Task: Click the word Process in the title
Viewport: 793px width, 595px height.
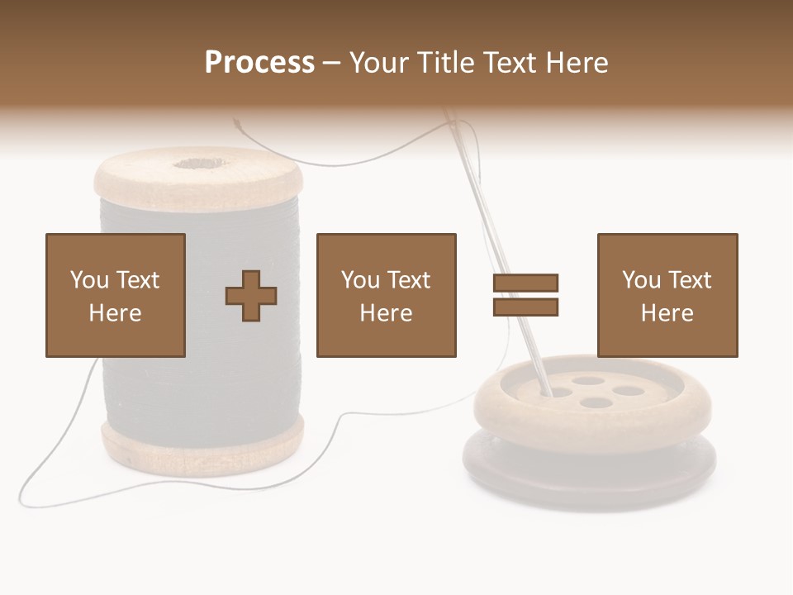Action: tap(259, 62)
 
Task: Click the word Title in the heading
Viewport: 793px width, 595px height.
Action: tap(447, 62)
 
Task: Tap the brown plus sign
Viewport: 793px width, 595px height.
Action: tap(251, 295)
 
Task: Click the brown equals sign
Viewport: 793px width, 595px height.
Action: tap(526, 295)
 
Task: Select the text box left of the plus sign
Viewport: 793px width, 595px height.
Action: tap(116, 295)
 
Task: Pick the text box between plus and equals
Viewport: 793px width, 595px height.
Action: tap(387, 295)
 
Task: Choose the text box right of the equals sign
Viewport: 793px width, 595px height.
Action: tap(667, 295)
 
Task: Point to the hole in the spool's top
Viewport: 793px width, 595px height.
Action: tap(197, 163)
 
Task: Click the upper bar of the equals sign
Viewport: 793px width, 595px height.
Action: tap(526, 283)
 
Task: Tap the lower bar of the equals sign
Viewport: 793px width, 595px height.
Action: tap(526, 307)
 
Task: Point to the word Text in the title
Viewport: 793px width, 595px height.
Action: tap(509, 62)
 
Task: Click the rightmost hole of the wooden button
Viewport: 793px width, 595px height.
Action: tap(628, 391)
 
